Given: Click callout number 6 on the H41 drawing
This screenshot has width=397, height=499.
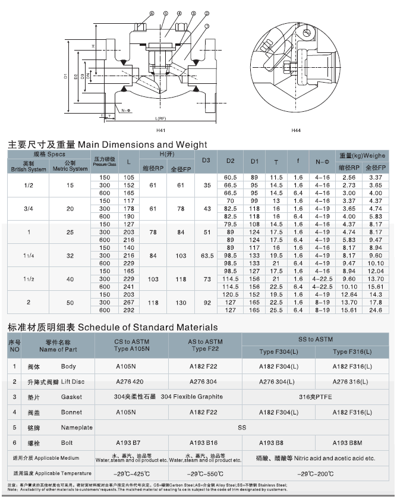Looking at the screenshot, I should [152, 12].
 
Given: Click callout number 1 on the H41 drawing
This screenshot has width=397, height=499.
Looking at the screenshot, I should [205, 27].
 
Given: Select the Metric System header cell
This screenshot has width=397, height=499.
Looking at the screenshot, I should [70, 165].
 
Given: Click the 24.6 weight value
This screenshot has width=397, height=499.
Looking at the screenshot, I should [376, 310].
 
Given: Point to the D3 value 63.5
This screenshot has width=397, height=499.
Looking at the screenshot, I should [207, 255].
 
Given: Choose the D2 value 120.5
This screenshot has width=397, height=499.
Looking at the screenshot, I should [231, 294].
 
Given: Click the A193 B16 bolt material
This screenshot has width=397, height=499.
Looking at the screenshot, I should [205, 442].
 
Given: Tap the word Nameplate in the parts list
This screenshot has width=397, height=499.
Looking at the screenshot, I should [77, 427].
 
